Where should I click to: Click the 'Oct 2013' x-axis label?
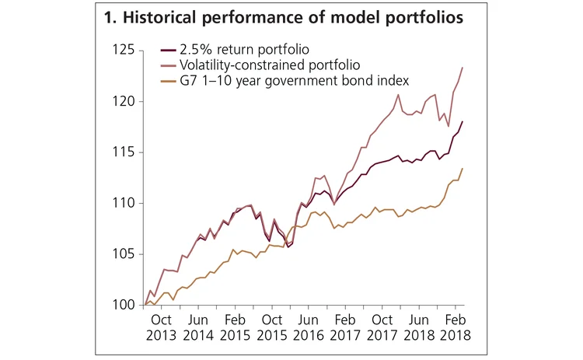pyautogui.click(x=161, y=328)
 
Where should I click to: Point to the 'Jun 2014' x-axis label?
pyautogui.click(x=197, y=328)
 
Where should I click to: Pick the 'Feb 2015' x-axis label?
pyautogui.click(x=235, y=328)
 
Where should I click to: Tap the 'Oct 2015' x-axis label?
pyautogui.click(x=271, y=328)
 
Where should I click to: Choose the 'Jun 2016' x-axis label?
pyautogui.click(x=309, y=328)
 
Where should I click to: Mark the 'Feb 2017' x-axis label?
pyautogui.click(x=345, y=328)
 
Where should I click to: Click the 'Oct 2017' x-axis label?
pyautogui.click(x=382, y=328)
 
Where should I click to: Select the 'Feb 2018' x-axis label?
pyautogui.click(x=456, y=328)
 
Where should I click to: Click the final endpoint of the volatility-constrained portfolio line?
pyautogui.click(x=463, y=68)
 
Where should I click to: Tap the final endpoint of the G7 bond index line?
pyautogui.click(x=463, y=169)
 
